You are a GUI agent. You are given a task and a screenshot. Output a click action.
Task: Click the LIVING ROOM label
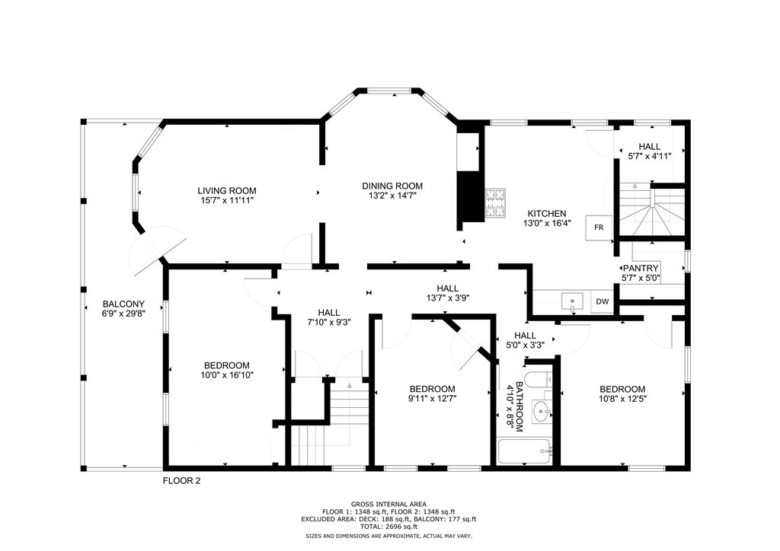click(227, 191)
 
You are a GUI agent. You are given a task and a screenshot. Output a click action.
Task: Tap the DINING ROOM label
click(392, 186)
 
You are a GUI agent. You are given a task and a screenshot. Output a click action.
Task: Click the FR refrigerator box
click(598, 228)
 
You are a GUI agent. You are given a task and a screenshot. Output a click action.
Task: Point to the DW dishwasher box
click(603, 302)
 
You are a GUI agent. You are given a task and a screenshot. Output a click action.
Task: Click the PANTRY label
click(641, 269)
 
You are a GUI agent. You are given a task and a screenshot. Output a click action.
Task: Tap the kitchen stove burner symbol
click(496, 202)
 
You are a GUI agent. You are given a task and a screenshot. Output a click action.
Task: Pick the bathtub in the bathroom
click(525, 451)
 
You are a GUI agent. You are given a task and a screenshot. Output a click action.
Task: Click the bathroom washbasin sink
click(542, 412)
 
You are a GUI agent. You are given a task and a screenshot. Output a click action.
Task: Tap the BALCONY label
click(123, 304)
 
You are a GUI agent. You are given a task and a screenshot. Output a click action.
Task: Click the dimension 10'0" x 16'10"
click(225, 375)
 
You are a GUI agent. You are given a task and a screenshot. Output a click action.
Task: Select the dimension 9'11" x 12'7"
click(432, 399)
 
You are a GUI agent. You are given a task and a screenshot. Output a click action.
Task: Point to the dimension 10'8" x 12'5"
click(622, 399)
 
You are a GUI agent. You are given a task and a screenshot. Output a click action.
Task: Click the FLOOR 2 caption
click(181, 481)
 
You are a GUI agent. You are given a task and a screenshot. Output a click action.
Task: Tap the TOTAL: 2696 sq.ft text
click(388, 526)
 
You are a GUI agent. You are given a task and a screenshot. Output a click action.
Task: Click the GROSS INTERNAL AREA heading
click(388, 504)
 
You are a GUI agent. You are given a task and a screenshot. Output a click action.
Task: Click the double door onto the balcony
click(156, 251)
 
